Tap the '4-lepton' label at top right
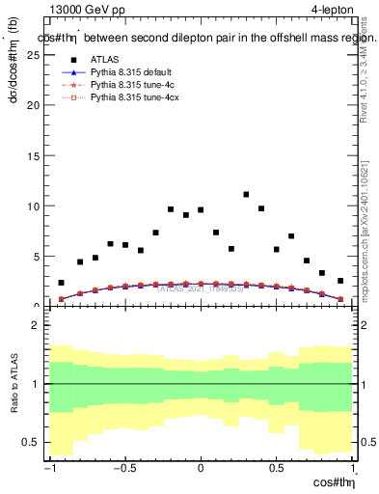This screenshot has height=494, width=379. click(x=333, y=11)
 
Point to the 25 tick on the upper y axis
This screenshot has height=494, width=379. click(x=36, y=55)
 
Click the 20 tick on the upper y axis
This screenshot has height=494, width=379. click(x=36, y=105)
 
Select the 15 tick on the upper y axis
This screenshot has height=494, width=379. click(x=36, y=155)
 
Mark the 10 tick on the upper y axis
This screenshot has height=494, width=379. click(x=36, y=206)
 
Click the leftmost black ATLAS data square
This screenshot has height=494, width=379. click(x=61, y=283)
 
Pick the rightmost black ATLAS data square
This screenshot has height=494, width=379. click(x=339, y=281)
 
